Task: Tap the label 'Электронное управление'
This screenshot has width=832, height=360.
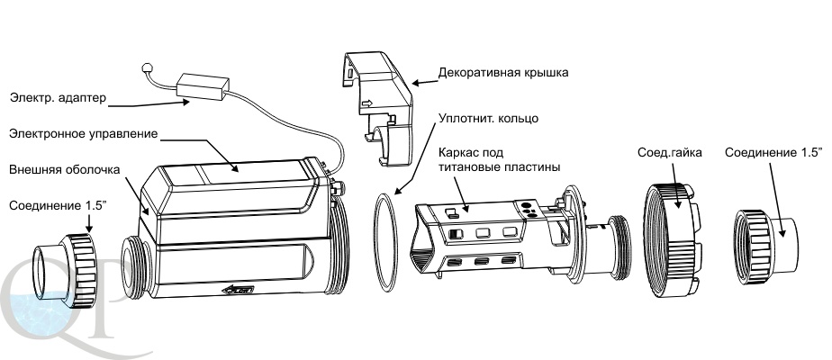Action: [83, 133]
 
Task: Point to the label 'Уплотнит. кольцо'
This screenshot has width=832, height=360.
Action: [489, 118]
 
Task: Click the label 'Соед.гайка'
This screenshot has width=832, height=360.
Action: [668, 152]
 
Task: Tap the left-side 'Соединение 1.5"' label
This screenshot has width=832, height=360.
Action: [57, 205]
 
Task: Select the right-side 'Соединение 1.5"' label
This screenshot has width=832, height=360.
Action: [773, 152]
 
